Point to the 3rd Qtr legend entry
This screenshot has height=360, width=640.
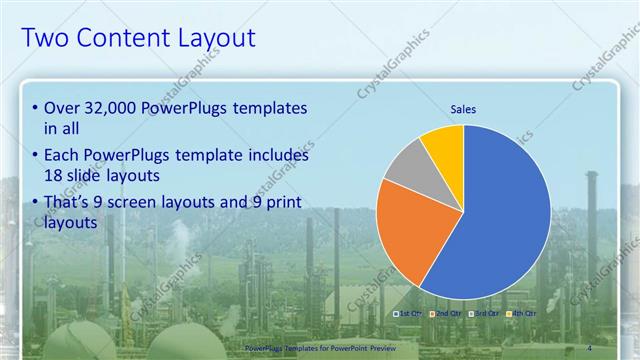484,314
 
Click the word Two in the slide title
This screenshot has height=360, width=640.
44,38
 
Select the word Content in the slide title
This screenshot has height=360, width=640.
116,38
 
